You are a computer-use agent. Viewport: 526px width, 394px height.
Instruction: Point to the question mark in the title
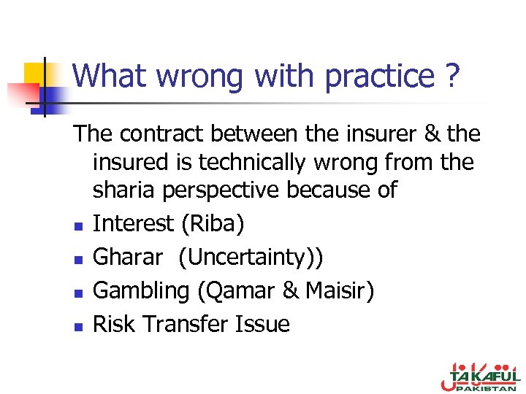click(452, 76)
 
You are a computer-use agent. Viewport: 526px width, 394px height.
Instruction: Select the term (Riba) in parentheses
click(213, 223)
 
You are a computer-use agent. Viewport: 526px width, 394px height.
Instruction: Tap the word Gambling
click(141, 290)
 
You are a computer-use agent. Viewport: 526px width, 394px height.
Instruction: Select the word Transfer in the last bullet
click(187, 324)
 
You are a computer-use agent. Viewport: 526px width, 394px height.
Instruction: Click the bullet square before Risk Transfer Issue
click(77, 326)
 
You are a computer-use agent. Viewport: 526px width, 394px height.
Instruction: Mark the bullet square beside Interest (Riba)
click(77, 225)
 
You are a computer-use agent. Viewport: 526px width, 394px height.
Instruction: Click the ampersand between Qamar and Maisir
click(290, 290)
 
